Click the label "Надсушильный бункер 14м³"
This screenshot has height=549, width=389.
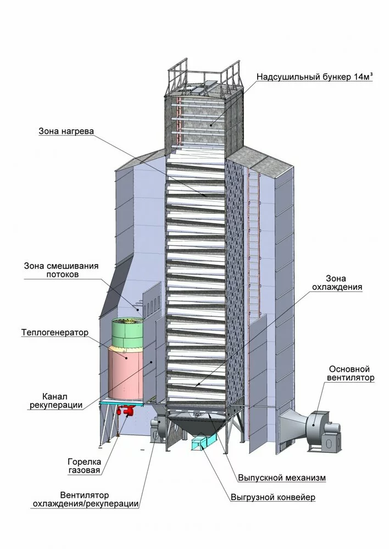pyautogui.click(x=315, y=77)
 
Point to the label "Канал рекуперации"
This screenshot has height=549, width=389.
pyautogui.click(x=63, y=401)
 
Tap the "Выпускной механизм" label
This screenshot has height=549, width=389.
pyautogui.click(x=282, y=478)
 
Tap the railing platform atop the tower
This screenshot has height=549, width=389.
pyautogui.click(x=203, y=77)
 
